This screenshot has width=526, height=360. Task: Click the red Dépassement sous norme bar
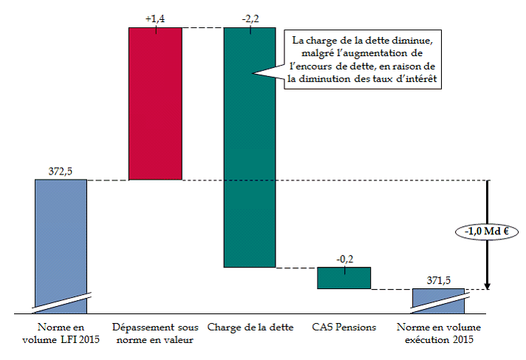click(155, 103)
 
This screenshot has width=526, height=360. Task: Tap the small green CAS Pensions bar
click(344, 277)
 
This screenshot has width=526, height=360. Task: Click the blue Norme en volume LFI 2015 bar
click(61, 237)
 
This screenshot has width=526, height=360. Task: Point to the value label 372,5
click(61, 171)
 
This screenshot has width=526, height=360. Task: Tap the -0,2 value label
click(344, 259)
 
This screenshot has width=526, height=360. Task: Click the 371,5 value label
click(439, 281)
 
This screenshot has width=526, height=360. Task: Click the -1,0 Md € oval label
click(488, 232)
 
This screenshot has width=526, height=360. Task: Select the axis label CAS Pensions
click(344, 327)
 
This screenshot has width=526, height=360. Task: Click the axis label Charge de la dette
click(250, 327)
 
